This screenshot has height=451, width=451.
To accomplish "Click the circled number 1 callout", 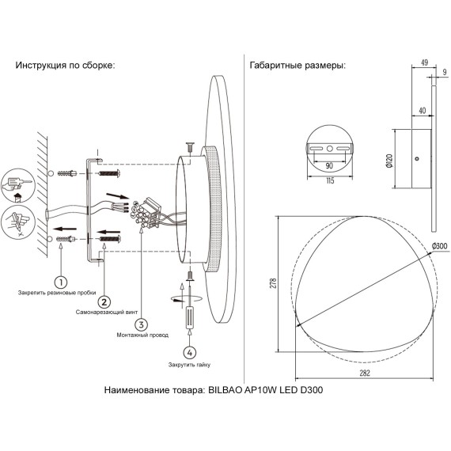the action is click(61, 282).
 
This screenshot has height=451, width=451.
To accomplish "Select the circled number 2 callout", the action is click(104, 302).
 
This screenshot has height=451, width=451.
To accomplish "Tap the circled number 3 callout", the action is click(141, 324).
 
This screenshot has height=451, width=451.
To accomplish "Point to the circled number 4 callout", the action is click(190, 353).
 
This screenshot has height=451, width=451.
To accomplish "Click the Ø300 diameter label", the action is click(439, 246).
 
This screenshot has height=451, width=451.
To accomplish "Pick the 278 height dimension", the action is click(274, 283).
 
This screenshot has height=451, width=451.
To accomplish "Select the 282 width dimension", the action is click(365, 373).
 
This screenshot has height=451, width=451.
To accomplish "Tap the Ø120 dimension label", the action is click(389, 161).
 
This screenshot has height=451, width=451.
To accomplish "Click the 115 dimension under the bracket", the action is click(330, 180).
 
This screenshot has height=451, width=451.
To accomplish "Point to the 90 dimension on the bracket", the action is click(329, 165).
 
